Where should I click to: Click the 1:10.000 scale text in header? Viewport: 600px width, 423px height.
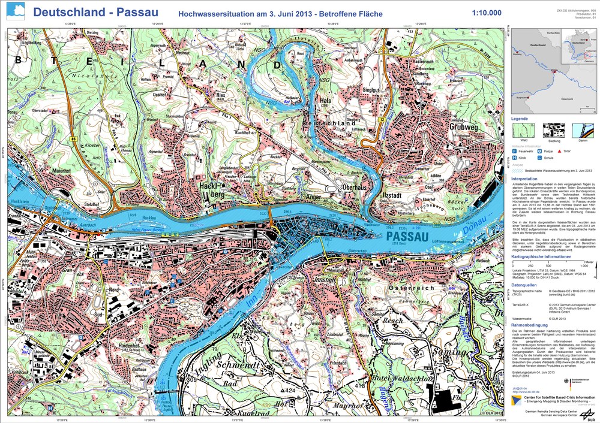[487, 13]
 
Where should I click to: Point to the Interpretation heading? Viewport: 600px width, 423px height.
[524, 179]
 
